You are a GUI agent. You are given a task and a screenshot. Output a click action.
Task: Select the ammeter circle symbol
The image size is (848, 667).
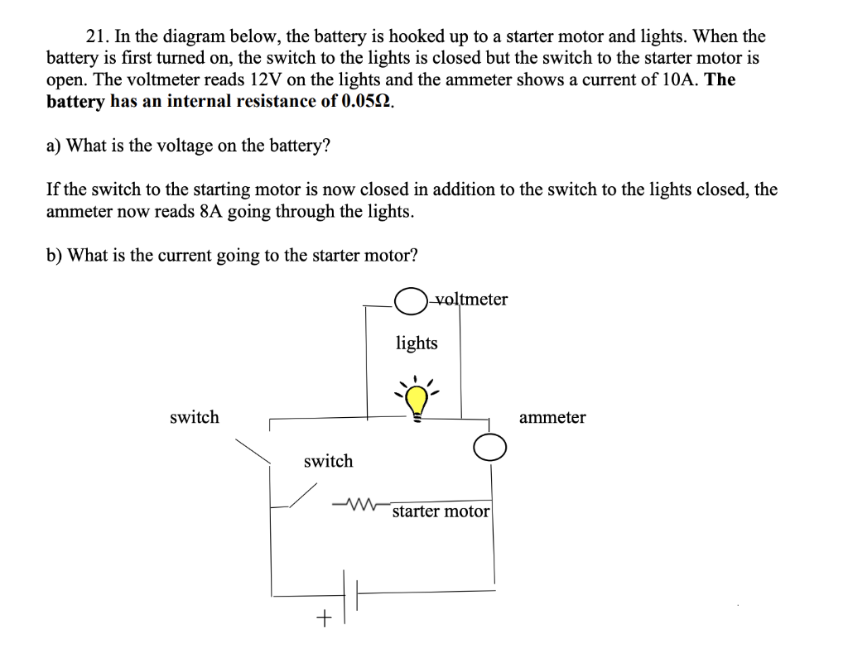point(489,448)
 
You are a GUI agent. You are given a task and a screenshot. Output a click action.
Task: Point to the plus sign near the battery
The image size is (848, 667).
point(325,617)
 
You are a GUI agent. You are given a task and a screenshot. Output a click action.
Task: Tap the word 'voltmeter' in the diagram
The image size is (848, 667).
point(470,299)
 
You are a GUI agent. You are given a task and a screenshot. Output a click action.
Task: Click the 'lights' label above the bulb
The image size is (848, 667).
point(417,343)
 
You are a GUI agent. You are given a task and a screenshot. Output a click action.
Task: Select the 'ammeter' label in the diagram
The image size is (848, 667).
point(552,417)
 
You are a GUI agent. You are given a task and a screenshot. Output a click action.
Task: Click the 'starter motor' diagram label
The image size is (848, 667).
point(441,511)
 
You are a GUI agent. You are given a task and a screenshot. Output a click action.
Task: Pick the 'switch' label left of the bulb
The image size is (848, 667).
point(195,417)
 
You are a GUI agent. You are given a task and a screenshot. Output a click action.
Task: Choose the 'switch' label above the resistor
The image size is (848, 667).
point(328,461)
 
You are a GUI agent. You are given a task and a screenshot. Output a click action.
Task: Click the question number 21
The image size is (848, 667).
point(96,36)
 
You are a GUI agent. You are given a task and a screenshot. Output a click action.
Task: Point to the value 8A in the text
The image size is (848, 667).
point(211,211)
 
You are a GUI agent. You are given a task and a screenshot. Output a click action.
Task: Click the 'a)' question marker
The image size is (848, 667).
point(54,146)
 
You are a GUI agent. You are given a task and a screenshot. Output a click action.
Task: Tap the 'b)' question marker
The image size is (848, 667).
point(55,255)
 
